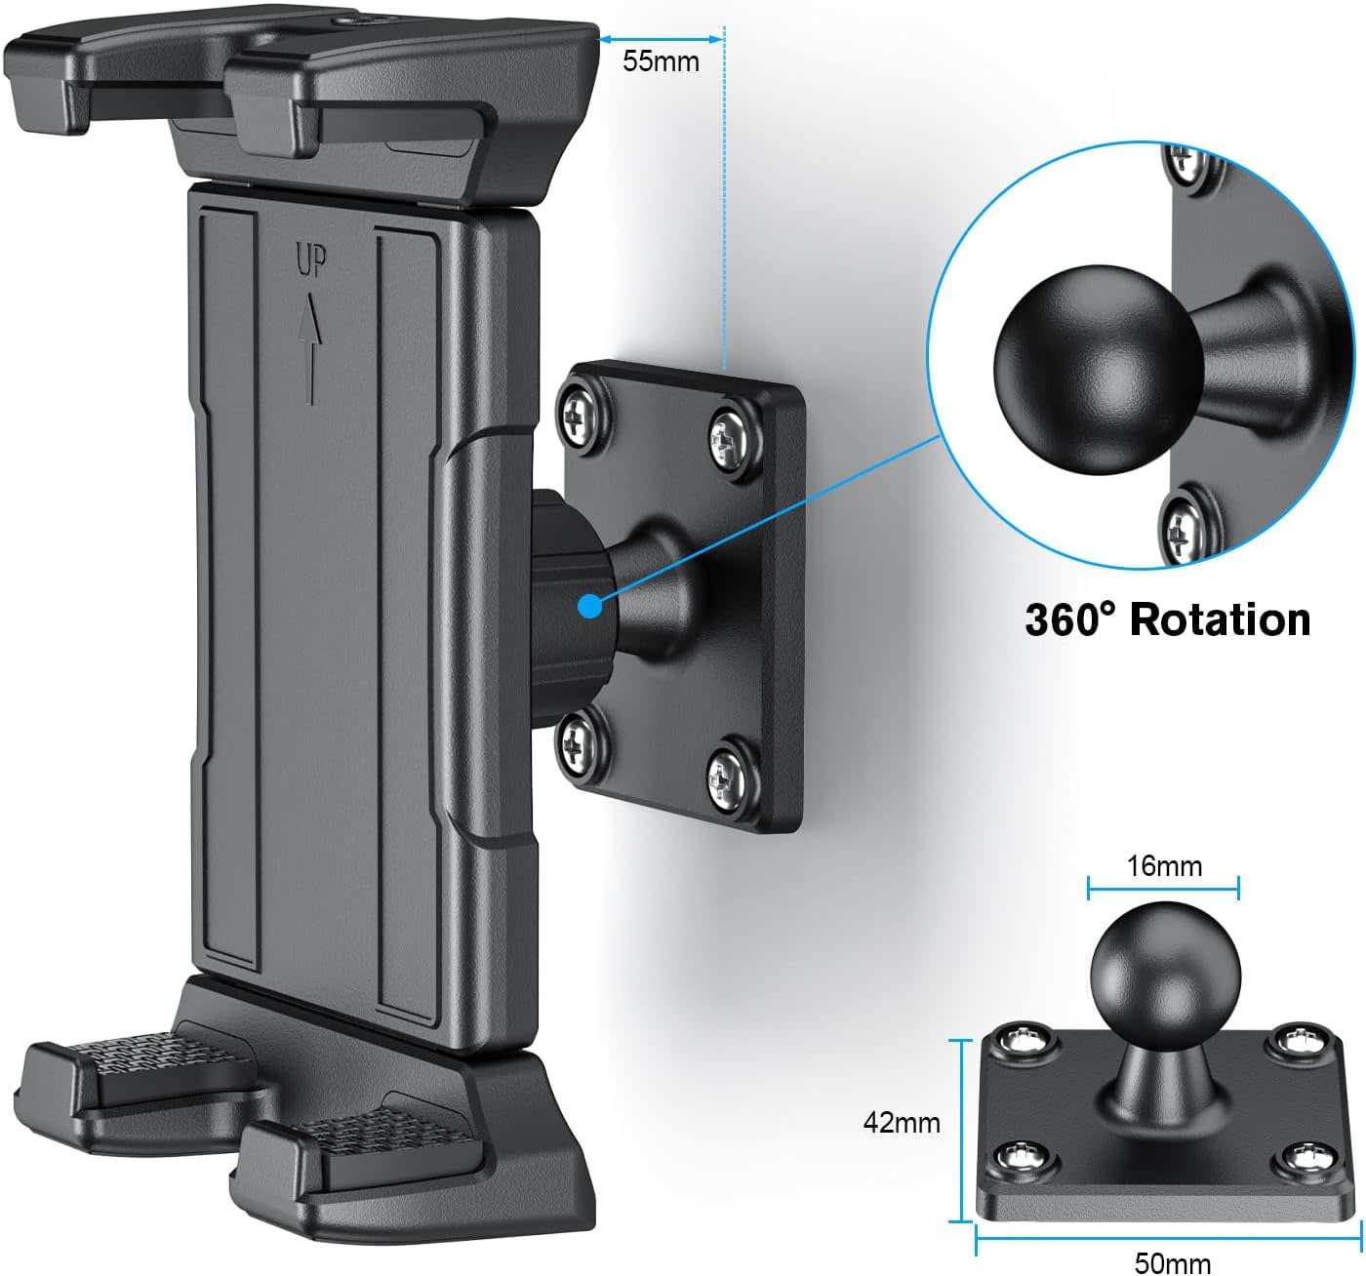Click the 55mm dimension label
[661, 60]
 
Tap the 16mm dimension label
[1164, 865]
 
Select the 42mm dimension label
[901, 1123]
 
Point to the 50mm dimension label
[1172, 1263]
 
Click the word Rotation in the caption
[1220, 619]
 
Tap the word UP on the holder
[311, 260]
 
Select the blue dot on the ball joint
[589, 606]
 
